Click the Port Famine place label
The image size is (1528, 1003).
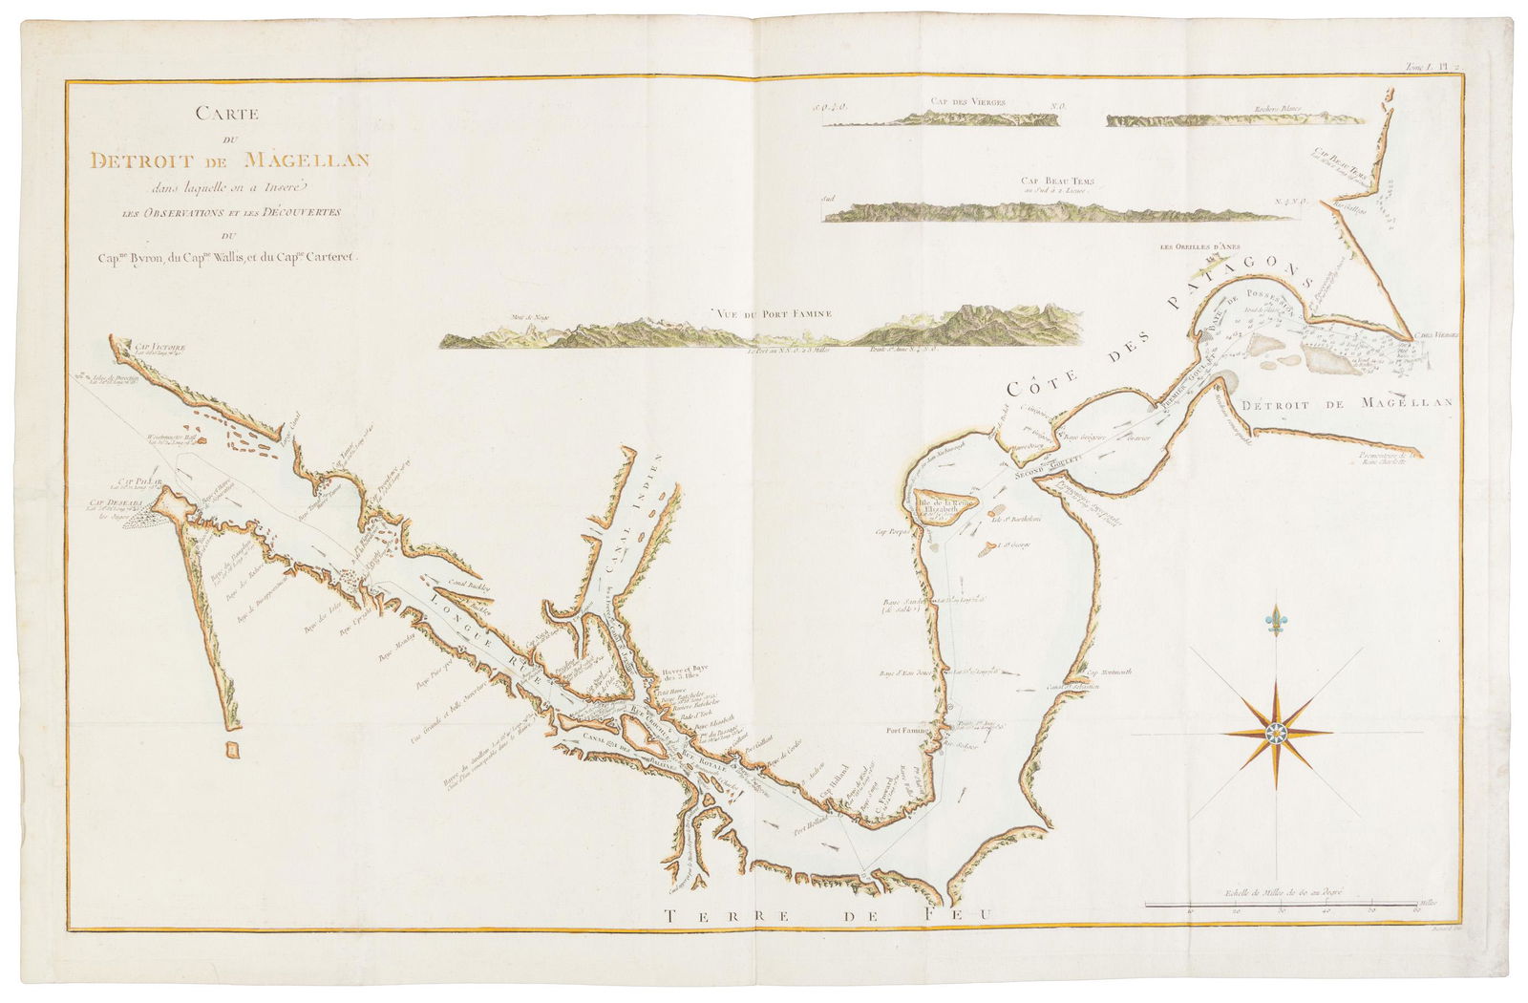click(906, 730)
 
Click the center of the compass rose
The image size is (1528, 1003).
click(1277, 733)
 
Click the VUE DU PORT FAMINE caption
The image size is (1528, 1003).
click(773, 312)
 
